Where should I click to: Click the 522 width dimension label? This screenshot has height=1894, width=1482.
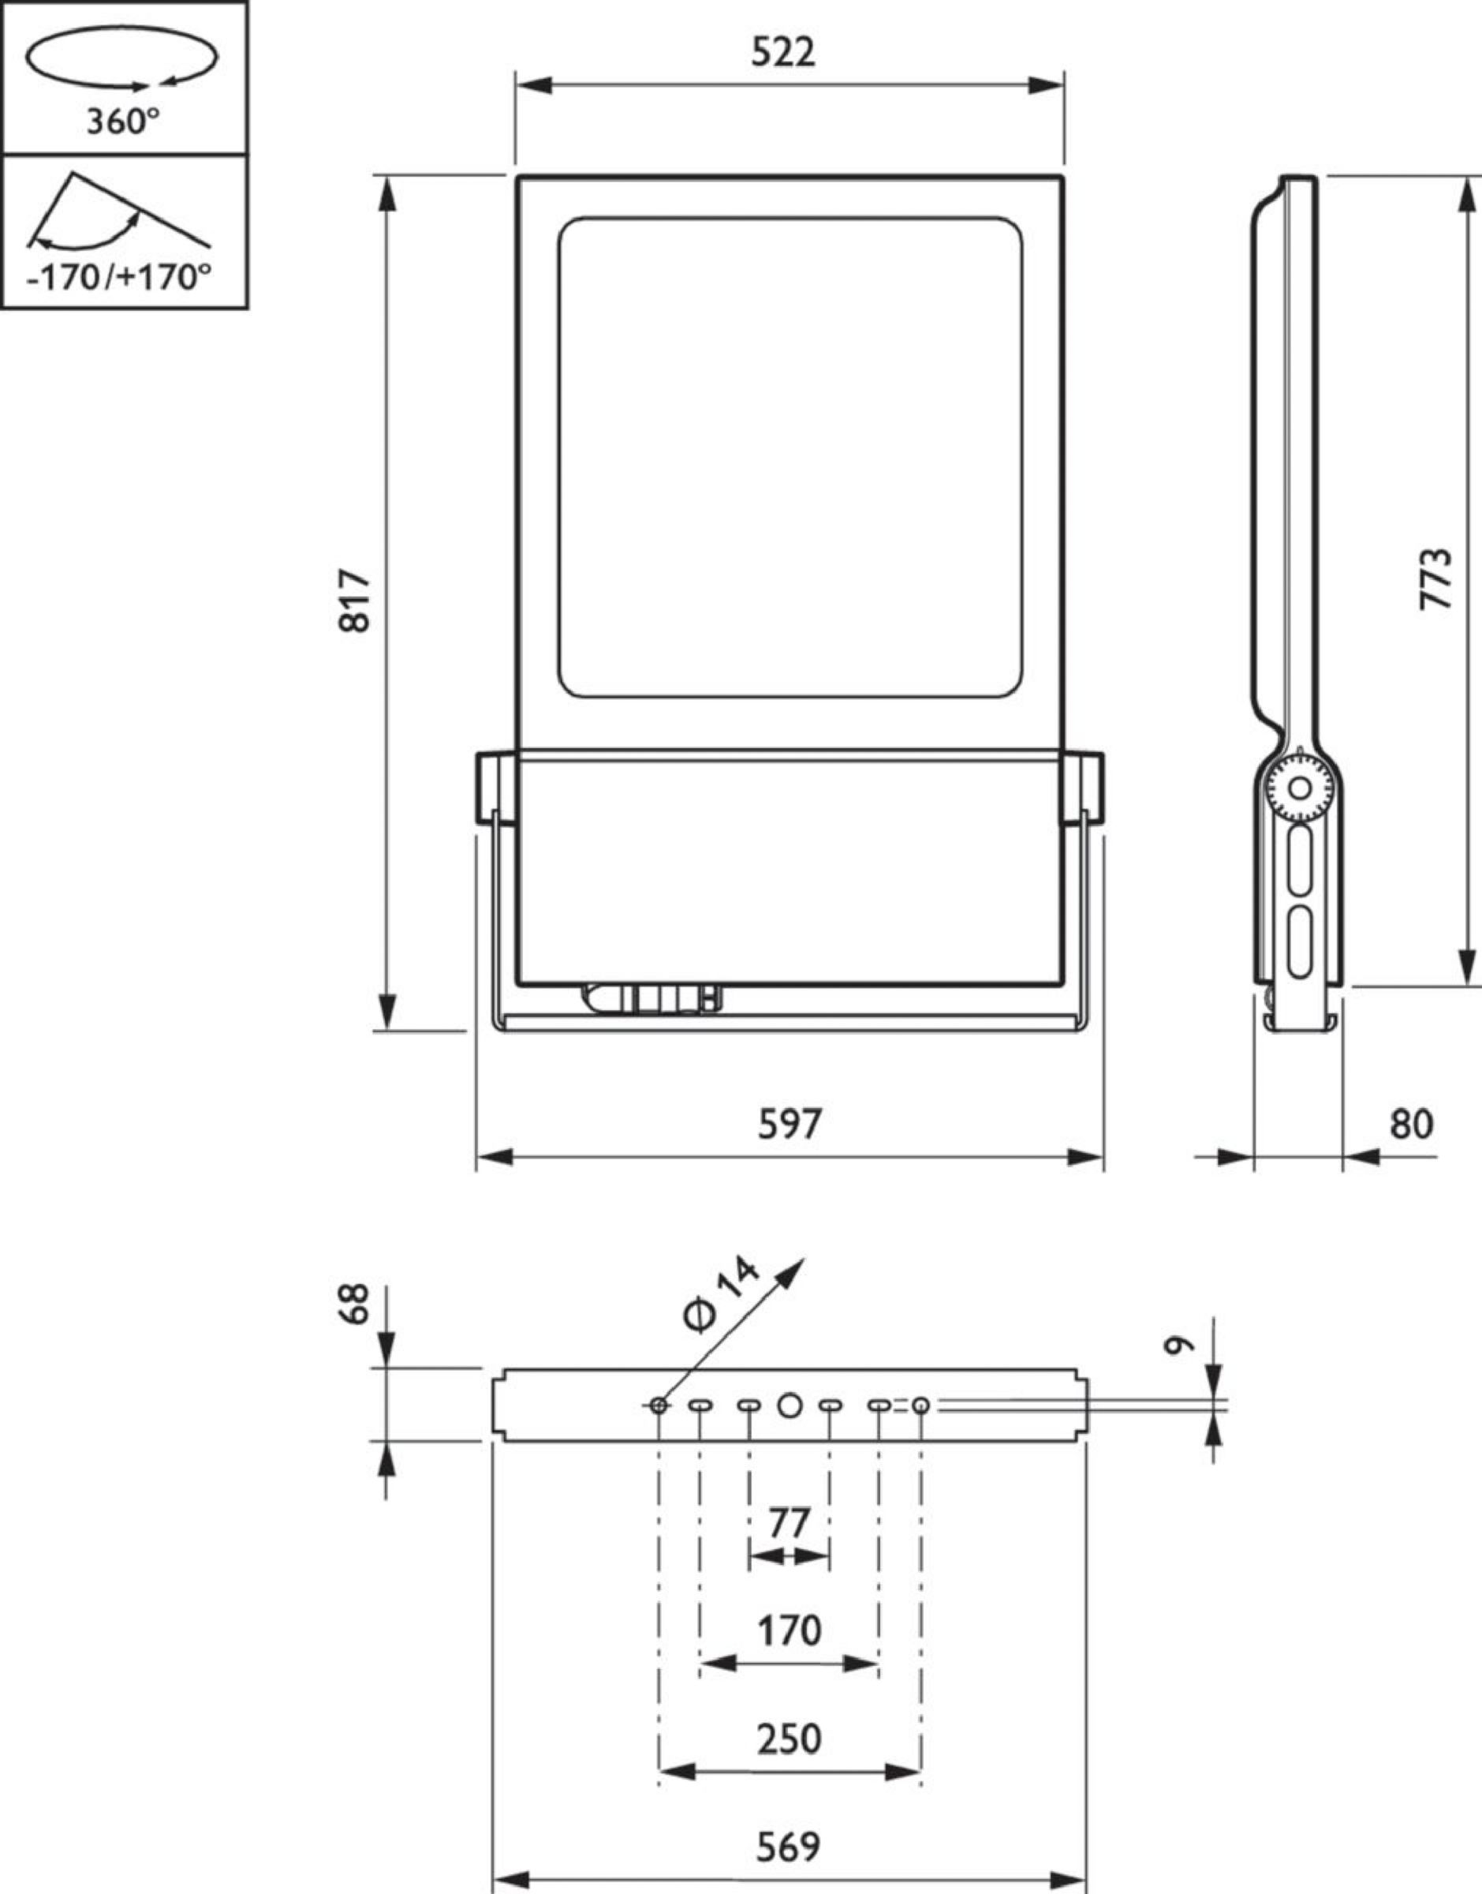coord(783,53)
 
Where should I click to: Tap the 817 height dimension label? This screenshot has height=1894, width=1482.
coord(355,600)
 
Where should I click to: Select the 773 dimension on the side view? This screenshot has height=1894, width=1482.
coord(1435,578)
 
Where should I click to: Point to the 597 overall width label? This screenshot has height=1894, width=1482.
coord(789,1124)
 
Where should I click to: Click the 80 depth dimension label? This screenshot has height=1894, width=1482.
coord(1412,1124)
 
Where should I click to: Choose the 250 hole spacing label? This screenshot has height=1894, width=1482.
coord(789,1739)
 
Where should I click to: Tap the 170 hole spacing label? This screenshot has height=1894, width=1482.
coord(789,1631)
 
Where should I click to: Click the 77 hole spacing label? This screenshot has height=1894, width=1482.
coord(789,1523)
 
